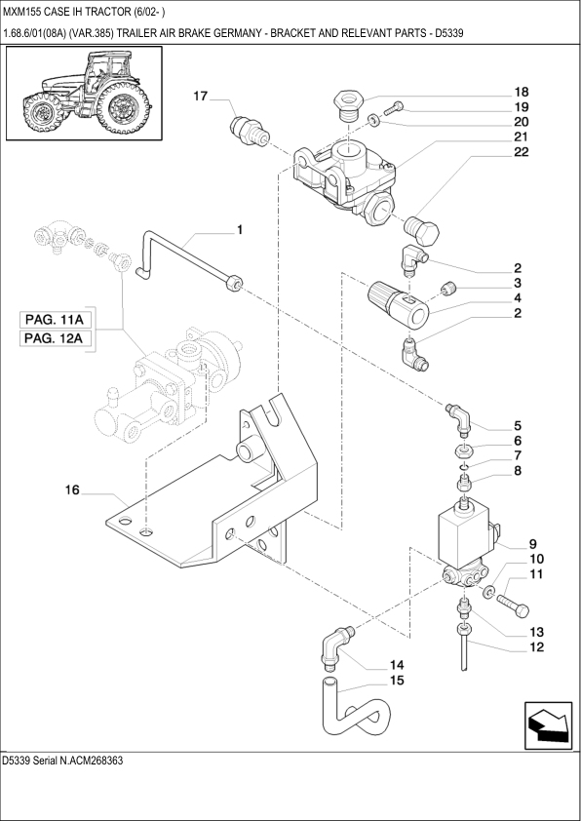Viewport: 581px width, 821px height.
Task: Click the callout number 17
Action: point(201,97)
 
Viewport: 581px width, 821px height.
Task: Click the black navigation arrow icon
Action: point(548,725)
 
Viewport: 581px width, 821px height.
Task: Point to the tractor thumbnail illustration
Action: point(84,94)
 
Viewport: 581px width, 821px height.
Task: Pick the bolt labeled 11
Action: point(513,604)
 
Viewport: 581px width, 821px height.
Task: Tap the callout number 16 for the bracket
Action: point(72,490)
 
